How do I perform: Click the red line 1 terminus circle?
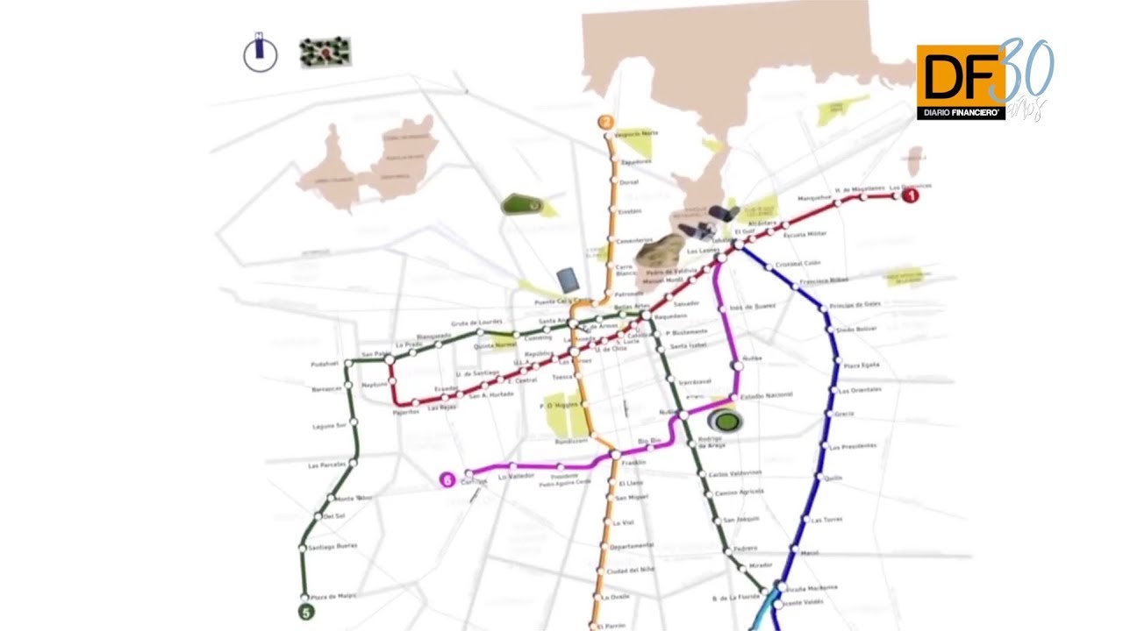click(x=911, y=196)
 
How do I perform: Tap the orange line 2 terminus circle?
click(x=605, y=123)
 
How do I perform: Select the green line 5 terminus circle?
click(x=306, y=613)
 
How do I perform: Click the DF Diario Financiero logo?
click(x=961, y=82)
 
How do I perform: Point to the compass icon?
click(x=260, y=54)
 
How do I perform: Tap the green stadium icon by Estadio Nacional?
click(x=725, y=422)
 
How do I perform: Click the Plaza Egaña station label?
click(x=862, y=364)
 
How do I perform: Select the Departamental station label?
click(x=632, y=545)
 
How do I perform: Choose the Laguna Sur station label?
click(x=330, y=426)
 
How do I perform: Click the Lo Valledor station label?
click(x=516, y=476)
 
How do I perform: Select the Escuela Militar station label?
click(x=805, y=235)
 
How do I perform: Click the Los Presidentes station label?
click(x=857, y=445)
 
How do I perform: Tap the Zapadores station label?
click(x=637, y=161)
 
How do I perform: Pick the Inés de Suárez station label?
click(x=753, y=307)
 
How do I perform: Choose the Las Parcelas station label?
click(x=326, y=464)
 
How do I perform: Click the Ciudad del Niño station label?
click(x=631, y=571)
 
